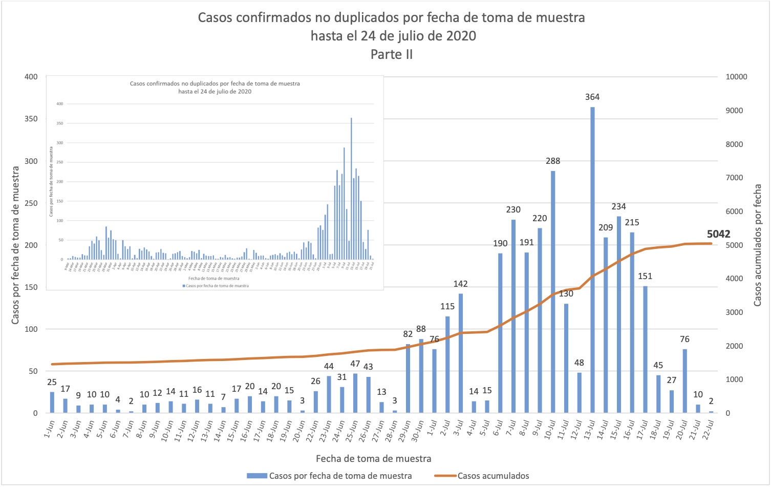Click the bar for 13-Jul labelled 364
592,260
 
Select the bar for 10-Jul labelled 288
553,292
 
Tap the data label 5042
718,234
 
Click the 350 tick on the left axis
31,119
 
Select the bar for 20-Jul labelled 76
684,381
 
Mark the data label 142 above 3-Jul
460,284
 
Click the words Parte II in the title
392,54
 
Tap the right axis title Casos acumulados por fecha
758,245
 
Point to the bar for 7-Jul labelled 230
513,316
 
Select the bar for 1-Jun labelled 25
52,403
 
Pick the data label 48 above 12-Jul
579,363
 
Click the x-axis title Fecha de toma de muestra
373,459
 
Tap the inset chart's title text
215,88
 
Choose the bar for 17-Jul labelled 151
645,349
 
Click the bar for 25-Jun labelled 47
355,393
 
